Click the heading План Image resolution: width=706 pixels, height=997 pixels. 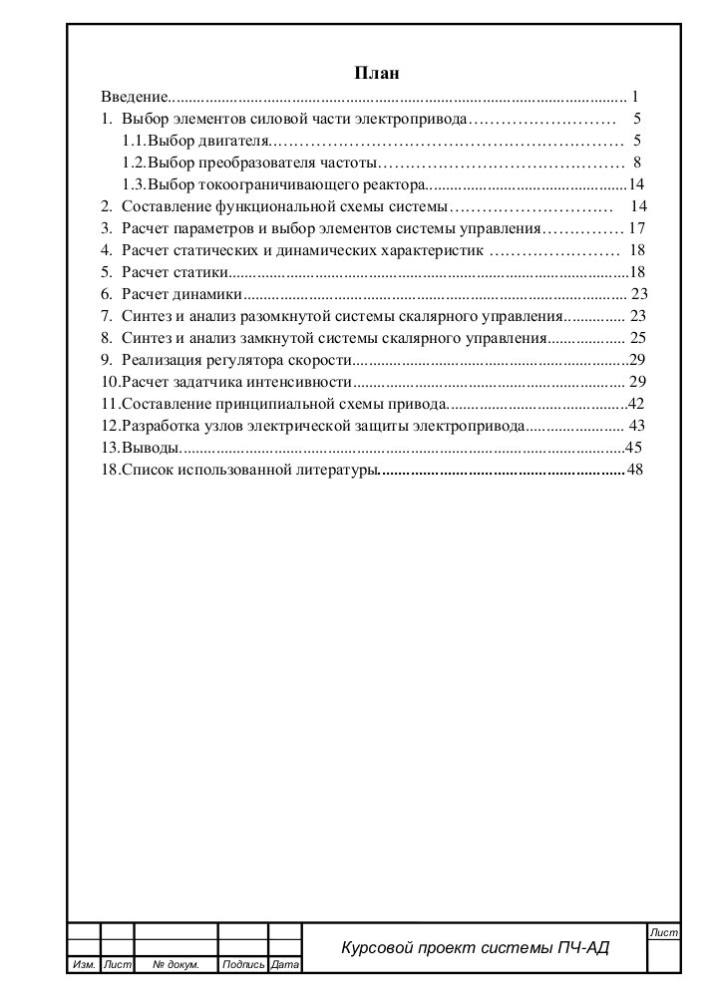[x=378, y=73]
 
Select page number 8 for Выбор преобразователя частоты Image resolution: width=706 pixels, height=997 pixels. [x=636, y=163]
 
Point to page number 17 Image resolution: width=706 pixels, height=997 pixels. [x=639, y=228]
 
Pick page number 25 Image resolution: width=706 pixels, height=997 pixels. [x=639, y=338]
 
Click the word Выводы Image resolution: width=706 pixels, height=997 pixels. [x=151, y=448]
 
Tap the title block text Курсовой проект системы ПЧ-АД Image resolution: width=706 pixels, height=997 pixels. [x=475, y=948]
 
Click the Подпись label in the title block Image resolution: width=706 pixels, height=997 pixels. [x=243, y=965]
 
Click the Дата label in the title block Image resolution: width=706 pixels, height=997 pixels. [x=285, y=965]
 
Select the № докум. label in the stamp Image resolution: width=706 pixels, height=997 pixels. [x=176, y=965]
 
